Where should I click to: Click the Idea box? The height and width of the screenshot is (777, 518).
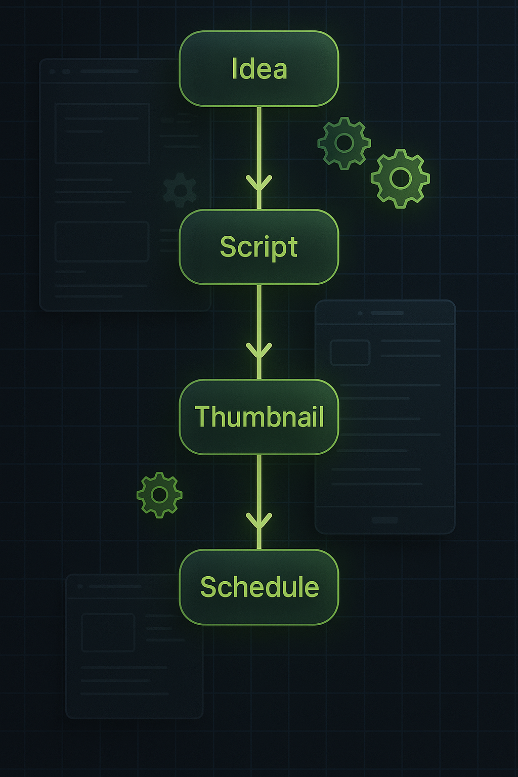click(x=259, y=69)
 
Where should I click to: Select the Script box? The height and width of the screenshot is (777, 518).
click(x=259, y=247)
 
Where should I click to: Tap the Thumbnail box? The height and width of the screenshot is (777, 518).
click(x=259, y=417)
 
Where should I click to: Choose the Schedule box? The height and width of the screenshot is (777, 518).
click(x=259, y=587)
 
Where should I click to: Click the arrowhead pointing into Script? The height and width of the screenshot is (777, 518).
click(x=259, y=183)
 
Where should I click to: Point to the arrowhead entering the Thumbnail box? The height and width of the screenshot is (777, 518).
click(x=259, y=351)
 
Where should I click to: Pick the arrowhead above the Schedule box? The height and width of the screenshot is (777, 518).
click(x=259, y=521)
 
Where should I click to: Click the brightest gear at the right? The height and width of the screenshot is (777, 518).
click(x=400, y=178)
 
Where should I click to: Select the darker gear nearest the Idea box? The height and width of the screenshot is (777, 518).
click(x=344, y=143)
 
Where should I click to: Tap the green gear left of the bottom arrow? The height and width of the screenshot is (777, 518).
click(x=159, y=495)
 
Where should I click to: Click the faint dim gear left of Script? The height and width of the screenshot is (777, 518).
click(x=180, y=190)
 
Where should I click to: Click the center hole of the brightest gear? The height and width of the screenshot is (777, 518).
click(x=400, y=178)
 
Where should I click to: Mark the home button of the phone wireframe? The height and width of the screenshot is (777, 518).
click(x=385, y=520)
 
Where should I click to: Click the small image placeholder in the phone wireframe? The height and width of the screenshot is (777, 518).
click(x=350, y=353)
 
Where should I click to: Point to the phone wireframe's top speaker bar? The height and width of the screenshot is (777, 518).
click(x=387, y=313)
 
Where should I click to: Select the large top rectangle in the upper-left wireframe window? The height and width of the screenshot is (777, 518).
click(x=102, y=134)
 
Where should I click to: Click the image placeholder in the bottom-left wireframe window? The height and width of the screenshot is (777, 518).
click(x=108, y=632)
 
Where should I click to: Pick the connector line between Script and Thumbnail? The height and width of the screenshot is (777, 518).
click(x=259, y=314)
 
